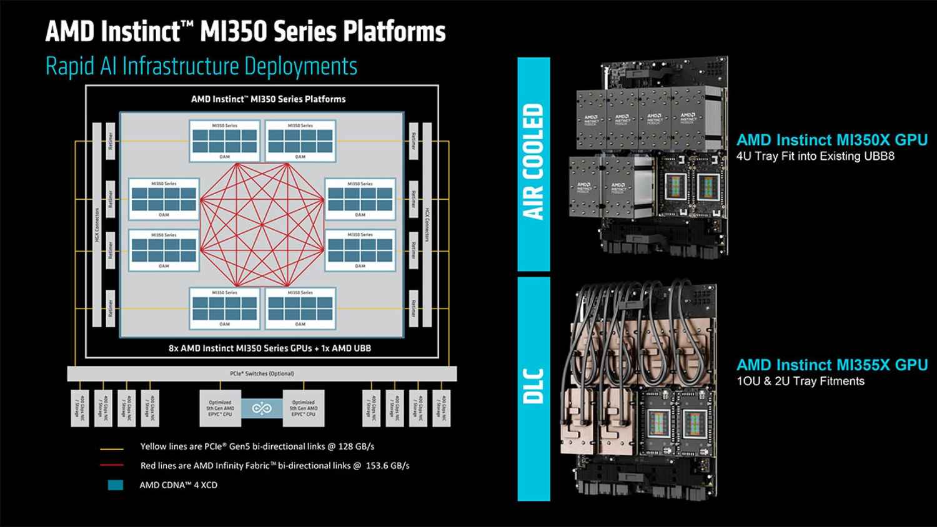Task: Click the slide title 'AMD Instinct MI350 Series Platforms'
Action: point(245,31)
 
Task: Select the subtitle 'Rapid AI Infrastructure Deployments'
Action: point(201,66)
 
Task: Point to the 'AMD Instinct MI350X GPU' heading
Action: point(832,140)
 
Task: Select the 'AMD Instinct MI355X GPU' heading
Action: point(832,365)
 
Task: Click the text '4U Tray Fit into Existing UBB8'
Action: point(815,156)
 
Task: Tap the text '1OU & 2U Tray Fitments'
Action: point(801,381)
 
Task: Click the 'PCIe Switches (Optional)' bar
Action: point(262,373)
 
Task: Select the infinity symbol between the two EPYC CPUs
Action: point(262,408)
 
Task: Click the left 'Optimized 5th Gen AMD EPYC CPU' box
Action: point(220,408)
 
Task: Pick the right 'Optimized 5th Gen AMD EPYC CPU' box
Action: point(304,408)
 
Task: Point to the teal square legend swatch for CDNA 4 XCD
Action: point(116,485)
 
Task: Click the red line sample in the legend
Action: point(112,466)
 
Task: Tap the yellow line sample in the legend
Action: point(112,447)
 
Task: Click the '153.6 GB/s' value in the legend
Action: point(387,466)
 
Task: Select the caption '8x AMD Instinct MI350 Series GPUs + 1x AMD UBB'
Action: point(270,348)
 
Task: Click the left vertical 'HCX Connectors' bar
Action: point(97,225)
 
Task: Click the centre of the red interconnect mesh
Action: point(262,225)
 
